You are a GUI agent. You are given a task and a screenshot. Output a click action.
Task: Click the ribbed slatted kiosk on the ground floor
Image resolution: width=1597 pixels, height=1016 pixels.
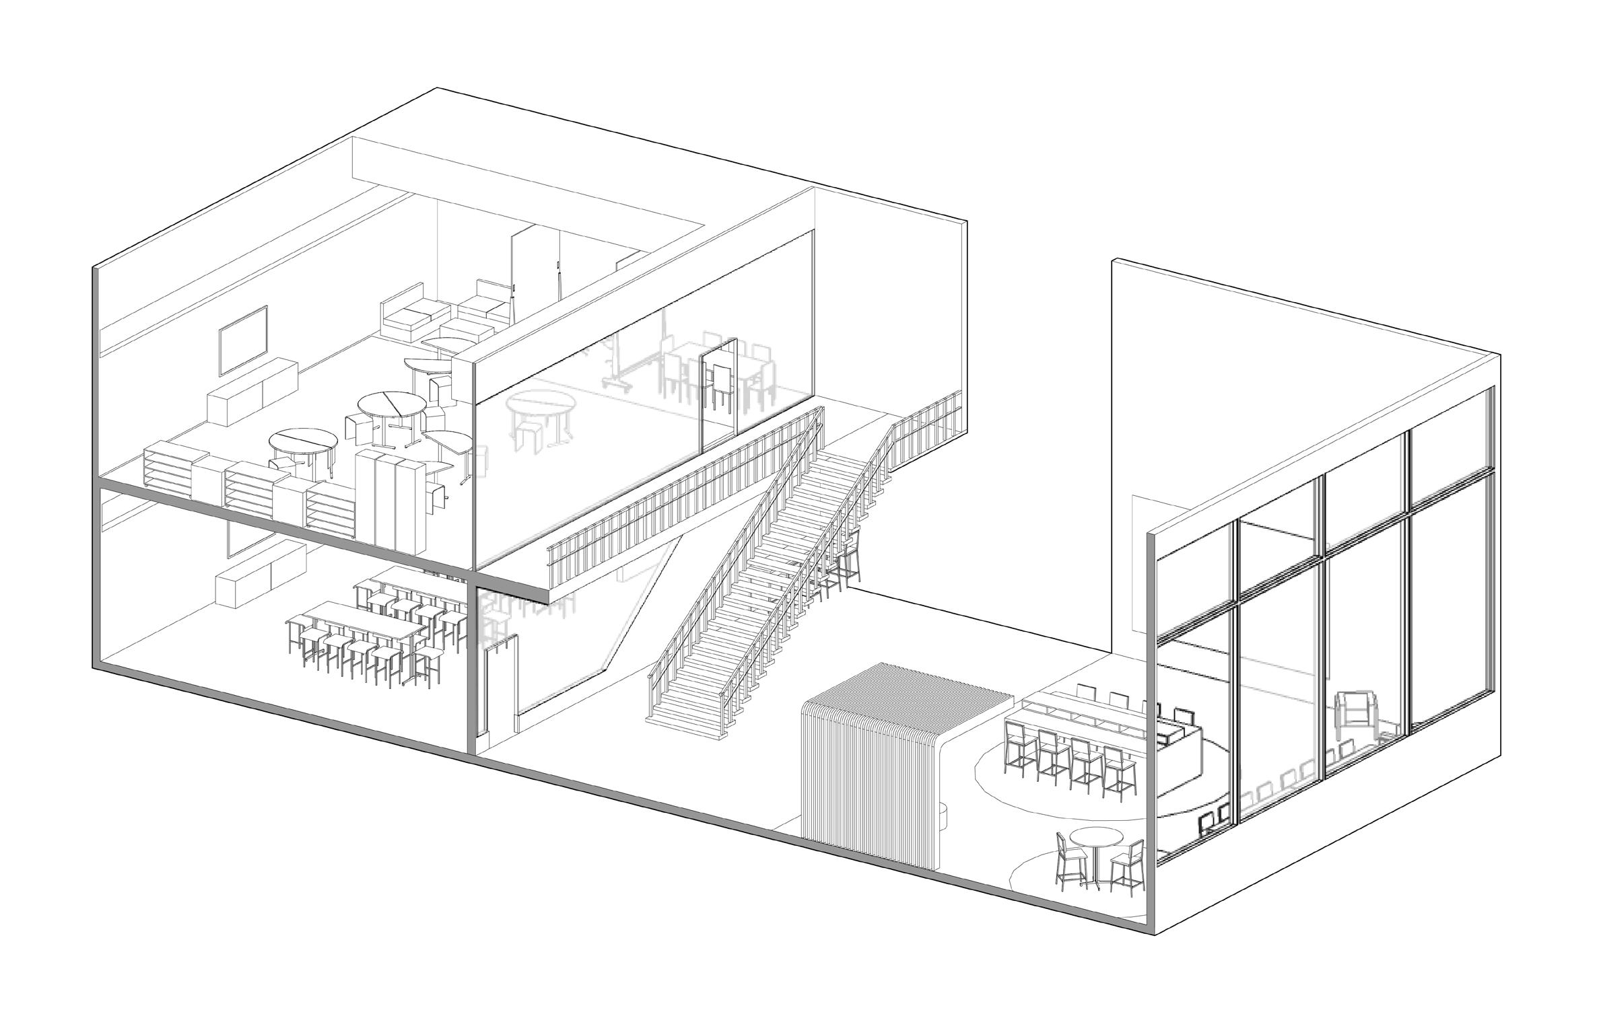869,774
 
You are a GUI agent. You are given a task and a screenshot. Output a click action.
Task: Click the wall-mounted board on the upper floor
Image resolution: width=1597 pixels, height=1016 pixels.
243,339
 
